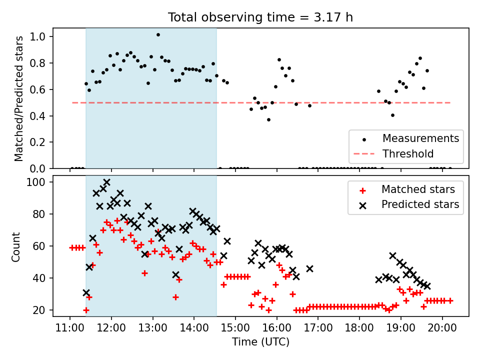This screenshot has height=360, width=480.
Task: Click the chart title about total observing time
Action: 260,17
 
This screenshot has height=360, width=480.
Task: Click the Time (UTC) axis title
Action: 260,342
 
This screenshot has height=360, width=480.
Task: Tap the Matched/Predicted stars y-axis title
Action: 19,98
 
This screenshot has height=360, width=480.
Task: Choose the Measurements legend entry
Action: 420,138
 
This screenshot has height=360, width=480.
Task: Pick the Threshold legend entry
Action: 408,153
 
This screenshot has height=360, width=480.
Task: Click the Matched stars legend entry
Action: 418,189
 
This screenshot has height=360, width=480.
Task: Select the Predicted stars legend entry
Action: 420,204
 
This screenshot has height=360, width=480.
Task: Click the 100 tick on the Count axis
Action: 38,182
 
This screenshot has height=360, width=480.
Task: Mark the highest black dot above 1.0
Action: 158,35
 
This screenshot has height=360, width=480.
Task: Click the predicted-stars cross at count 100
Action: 106,182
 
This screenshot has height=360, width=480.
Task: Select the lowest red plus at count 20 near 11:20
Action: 86,310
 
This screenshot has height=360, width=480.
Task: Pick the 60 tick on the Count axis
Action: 40,246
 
